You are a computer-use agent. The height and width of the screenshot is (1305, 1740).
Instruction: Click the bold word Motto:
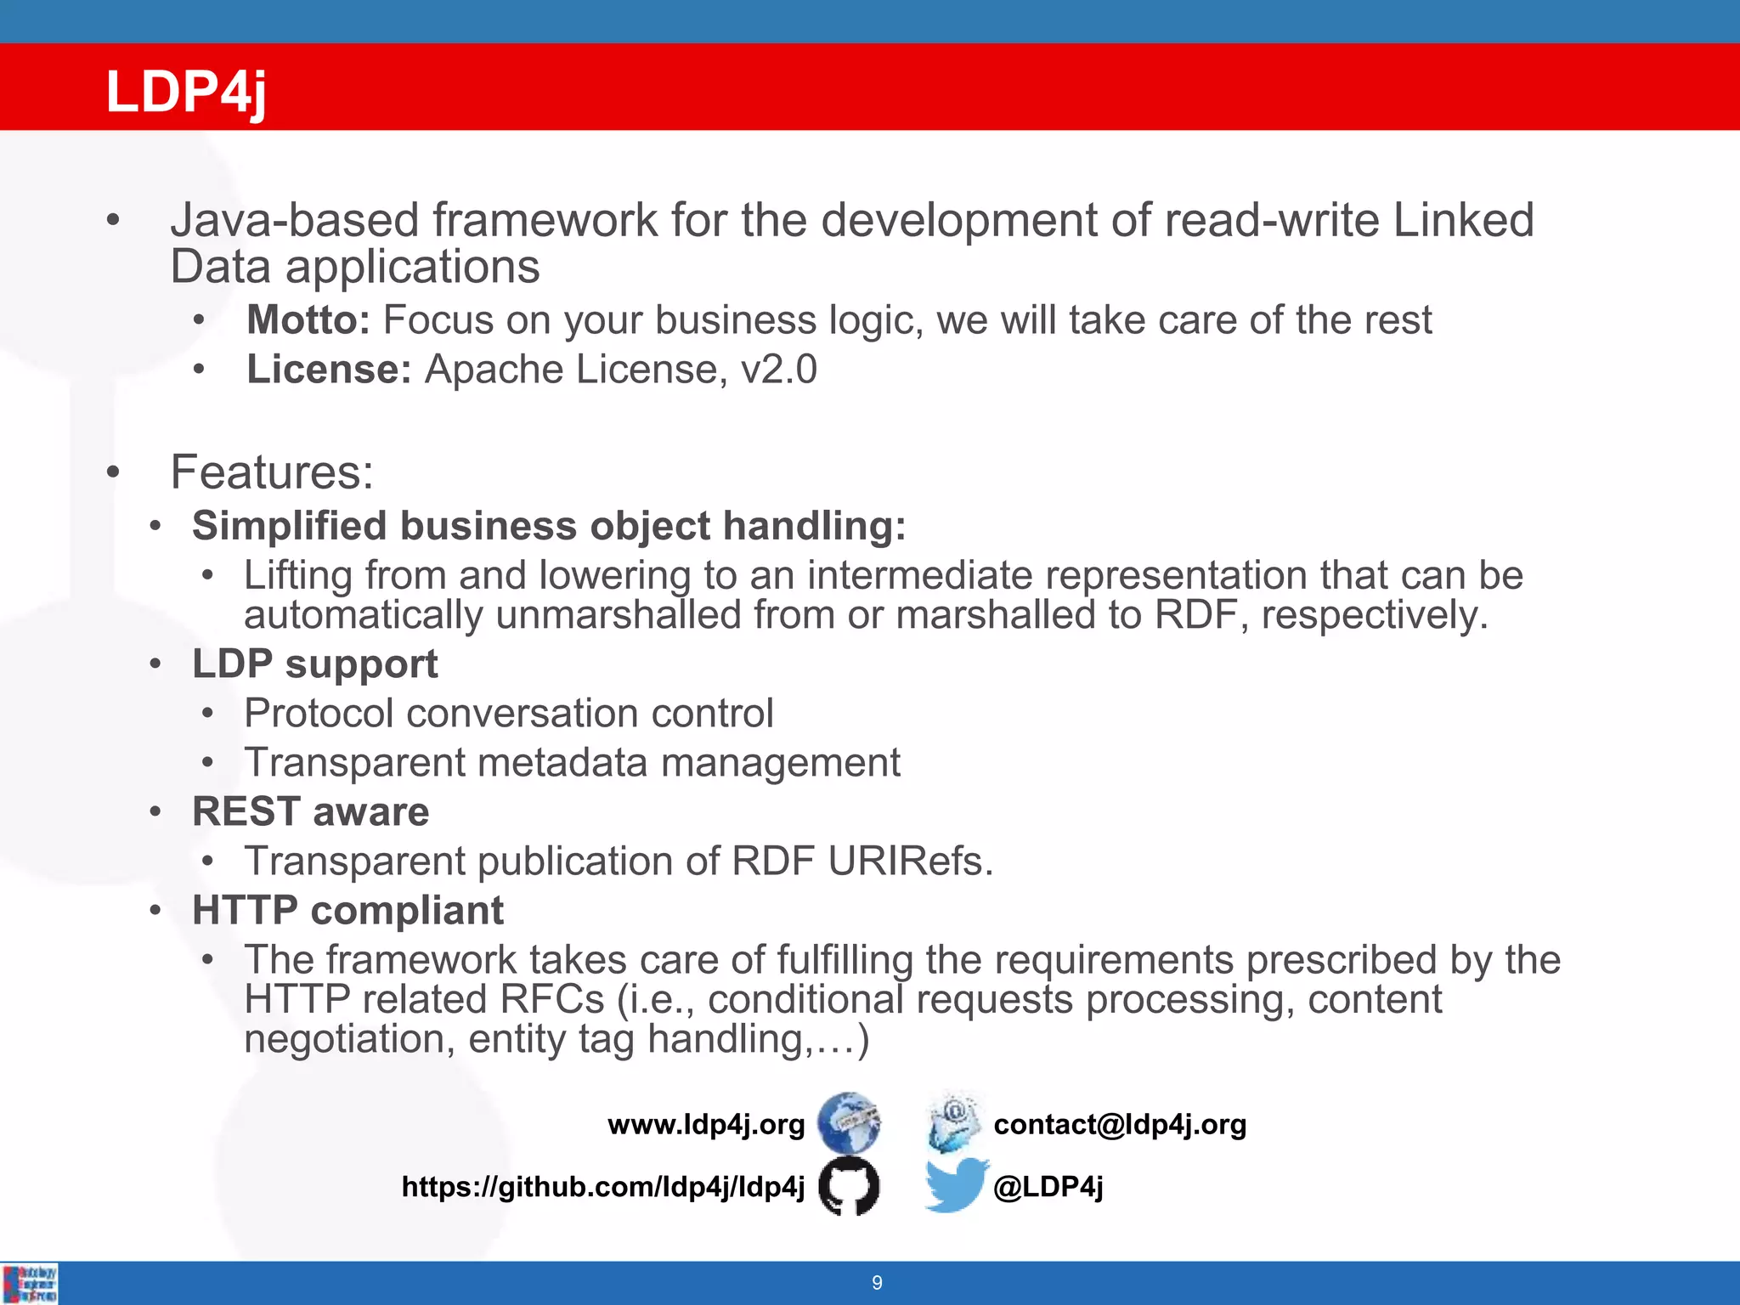(308, 320)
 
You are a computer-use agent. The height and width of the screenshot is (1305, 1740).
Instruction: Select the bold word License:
(329, 370)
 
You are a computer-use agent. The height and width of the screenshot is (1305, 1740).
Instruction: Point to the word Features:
(272, 472)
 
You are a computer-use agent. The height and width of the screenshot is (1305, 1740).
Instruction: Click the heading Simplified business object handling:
(549, 526)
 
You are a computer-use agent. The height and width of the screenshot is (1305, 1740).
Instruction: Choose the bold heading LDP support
(314, 664)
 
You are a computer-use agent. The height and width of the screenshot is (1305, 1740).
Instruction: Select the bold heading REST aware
(310, 811)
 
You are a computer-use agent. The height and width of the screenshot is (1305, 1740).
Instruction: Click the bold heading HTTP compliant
(347, 911)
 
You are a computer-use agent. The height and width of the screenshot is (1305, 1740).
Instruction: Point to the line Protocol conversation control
(508, 713)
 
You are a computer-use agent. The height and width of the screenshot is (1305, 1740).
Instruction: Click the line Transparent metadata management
(572, 762)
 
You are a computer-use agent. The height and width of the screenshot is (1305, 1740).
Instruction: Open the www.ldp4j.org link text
(706, 1124)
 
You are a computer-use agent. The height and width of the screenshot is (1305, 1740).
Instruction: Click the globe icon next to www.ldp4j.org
(848, 1122)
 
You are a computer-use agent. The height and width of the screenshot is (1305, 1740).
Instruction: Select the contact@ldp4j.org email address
(1120, 1124)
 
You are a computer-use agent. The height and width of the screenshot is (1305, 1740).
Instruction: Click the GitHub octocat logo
(848, 1185)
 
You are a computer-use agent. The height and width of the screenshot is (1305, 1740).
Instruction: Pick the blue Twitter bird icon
(956, 1184)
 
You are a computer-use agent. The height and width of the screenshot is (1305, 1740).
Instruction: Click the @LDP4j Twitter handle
(1048, 1186)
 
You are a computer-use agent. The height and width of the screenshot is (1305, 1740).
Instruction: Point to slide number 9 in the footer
(877, 1283)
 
